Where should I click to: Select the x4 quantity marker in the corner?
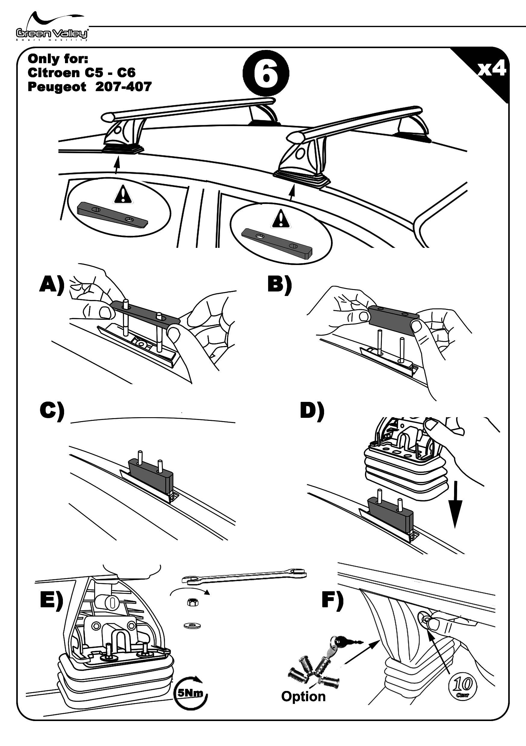coord(491,69)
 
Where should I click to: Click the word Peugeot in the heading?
coord(57,87)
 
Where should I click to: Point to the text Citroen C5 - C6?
coord(81,72)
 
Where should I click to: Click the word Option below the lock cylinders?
coord(303,696)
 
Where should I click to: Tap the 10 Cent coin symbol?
coord(463,685)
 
